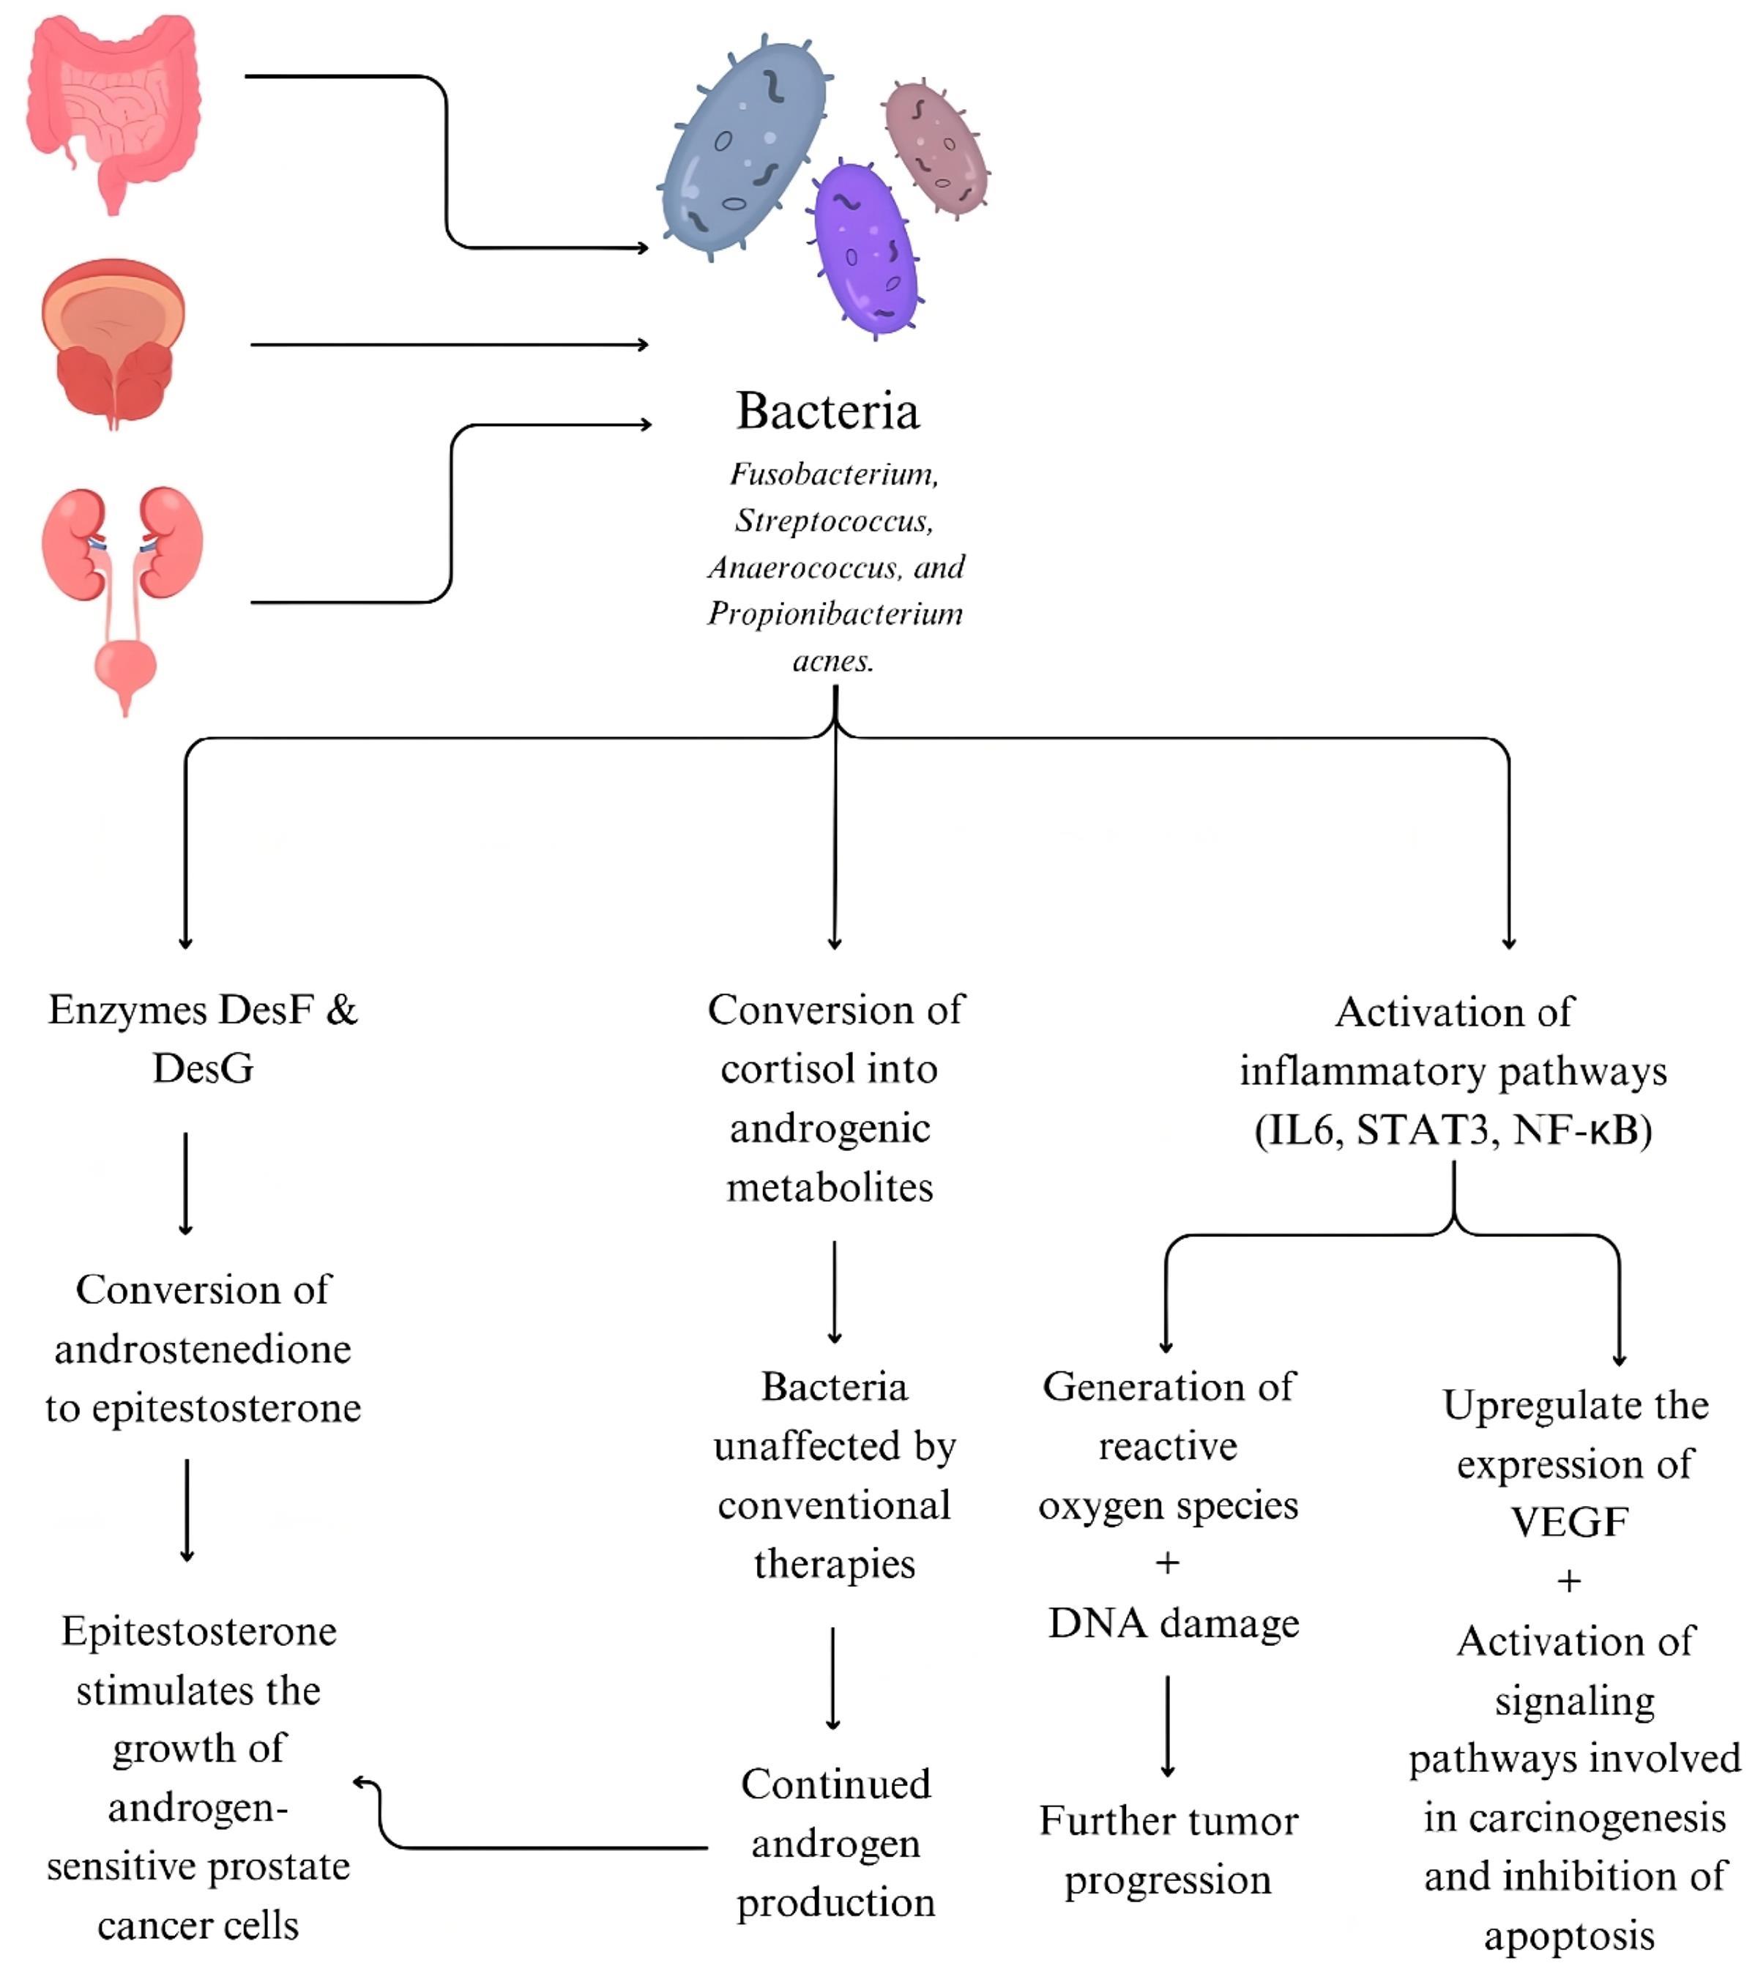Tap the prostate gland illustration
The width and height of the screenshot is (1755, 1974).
click(x=114, y=343)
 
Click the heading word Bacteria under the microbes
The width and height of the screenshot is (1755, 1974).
click(x=828, y=411)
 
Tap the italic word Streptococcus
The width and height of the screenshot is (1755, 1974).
click(x=832, y=521)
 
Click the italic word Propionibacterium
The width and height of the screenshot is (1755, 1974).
click(x=835, y=614)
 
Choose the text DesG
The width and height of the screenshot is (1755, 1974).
click(x=203, y=1069)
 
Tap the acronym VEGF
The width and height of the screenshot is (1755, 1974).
click(x=1570, y=1523)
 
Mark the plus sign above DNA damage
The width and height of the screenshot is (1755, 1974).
click(x=1168, y=1563)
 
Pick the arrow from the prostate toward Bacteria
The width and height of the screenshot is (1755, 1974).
click(x=449, y=345)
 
